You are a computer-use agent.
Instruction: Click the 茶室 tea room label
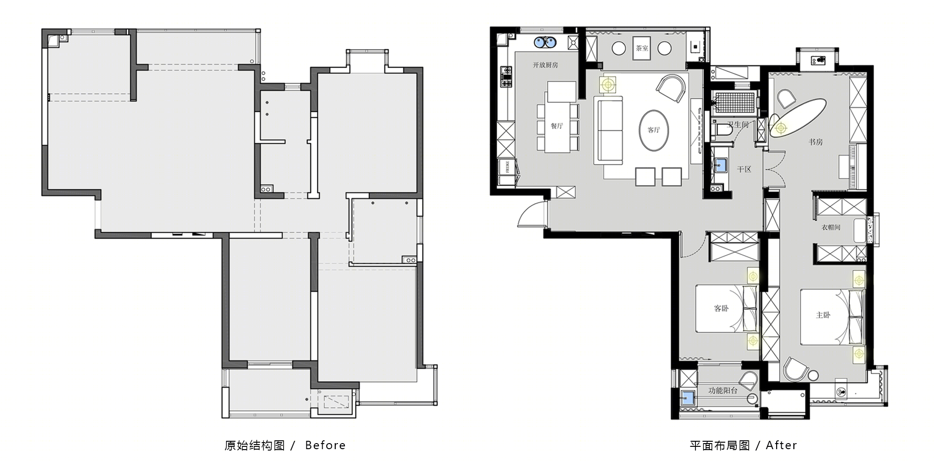click(642, 48)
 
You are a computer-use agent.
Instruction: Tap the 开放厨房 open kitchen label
click(545, 65)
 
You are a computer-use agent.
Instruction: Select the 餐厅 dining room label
click(557, 126)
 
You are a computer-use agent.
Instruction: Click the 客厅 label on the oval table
click(654, 130)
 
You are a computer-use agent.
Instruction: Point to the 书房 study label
click(816, 142)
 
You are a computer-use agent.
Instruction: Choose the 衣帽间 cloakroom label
click(831, 227)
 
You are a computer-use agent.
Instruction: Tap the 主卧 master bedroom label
click(823, 315)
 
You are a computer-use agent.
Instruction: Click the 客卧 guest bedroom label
click(721, 308)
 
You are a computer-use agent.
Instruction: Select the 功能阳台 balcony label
click(723, 391)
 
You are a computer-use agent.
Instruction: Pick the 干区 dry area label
click(744, 169)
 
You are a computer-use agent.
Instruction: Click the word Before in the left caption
click(325, 445)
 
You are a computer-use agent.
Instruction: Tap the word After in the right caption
click(781, 445)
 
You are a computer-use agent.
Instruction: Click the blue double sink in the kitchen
click(545, 43)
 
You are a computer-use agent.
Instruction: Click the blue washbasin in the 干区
click(720, 165)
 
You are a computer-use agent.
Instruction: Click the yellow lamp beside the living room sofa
click(608, 85)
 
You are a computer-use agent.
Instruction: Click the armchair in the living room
click(671, 88)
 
